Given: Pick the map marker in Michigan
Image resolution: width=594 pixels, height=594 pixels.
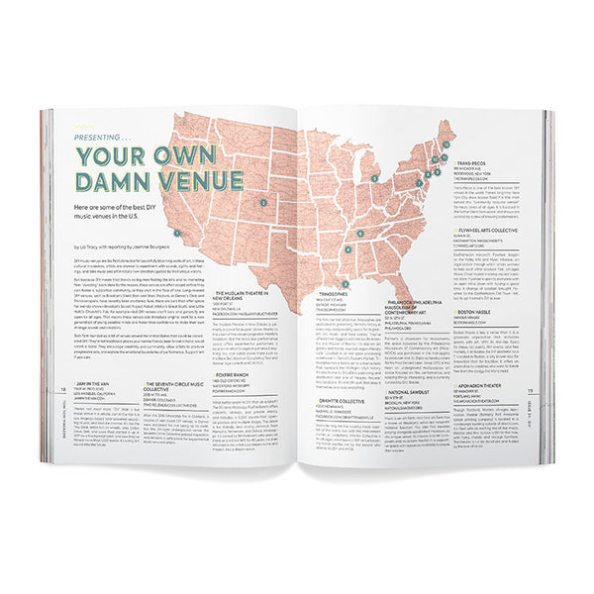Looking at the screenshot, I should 374,178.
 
